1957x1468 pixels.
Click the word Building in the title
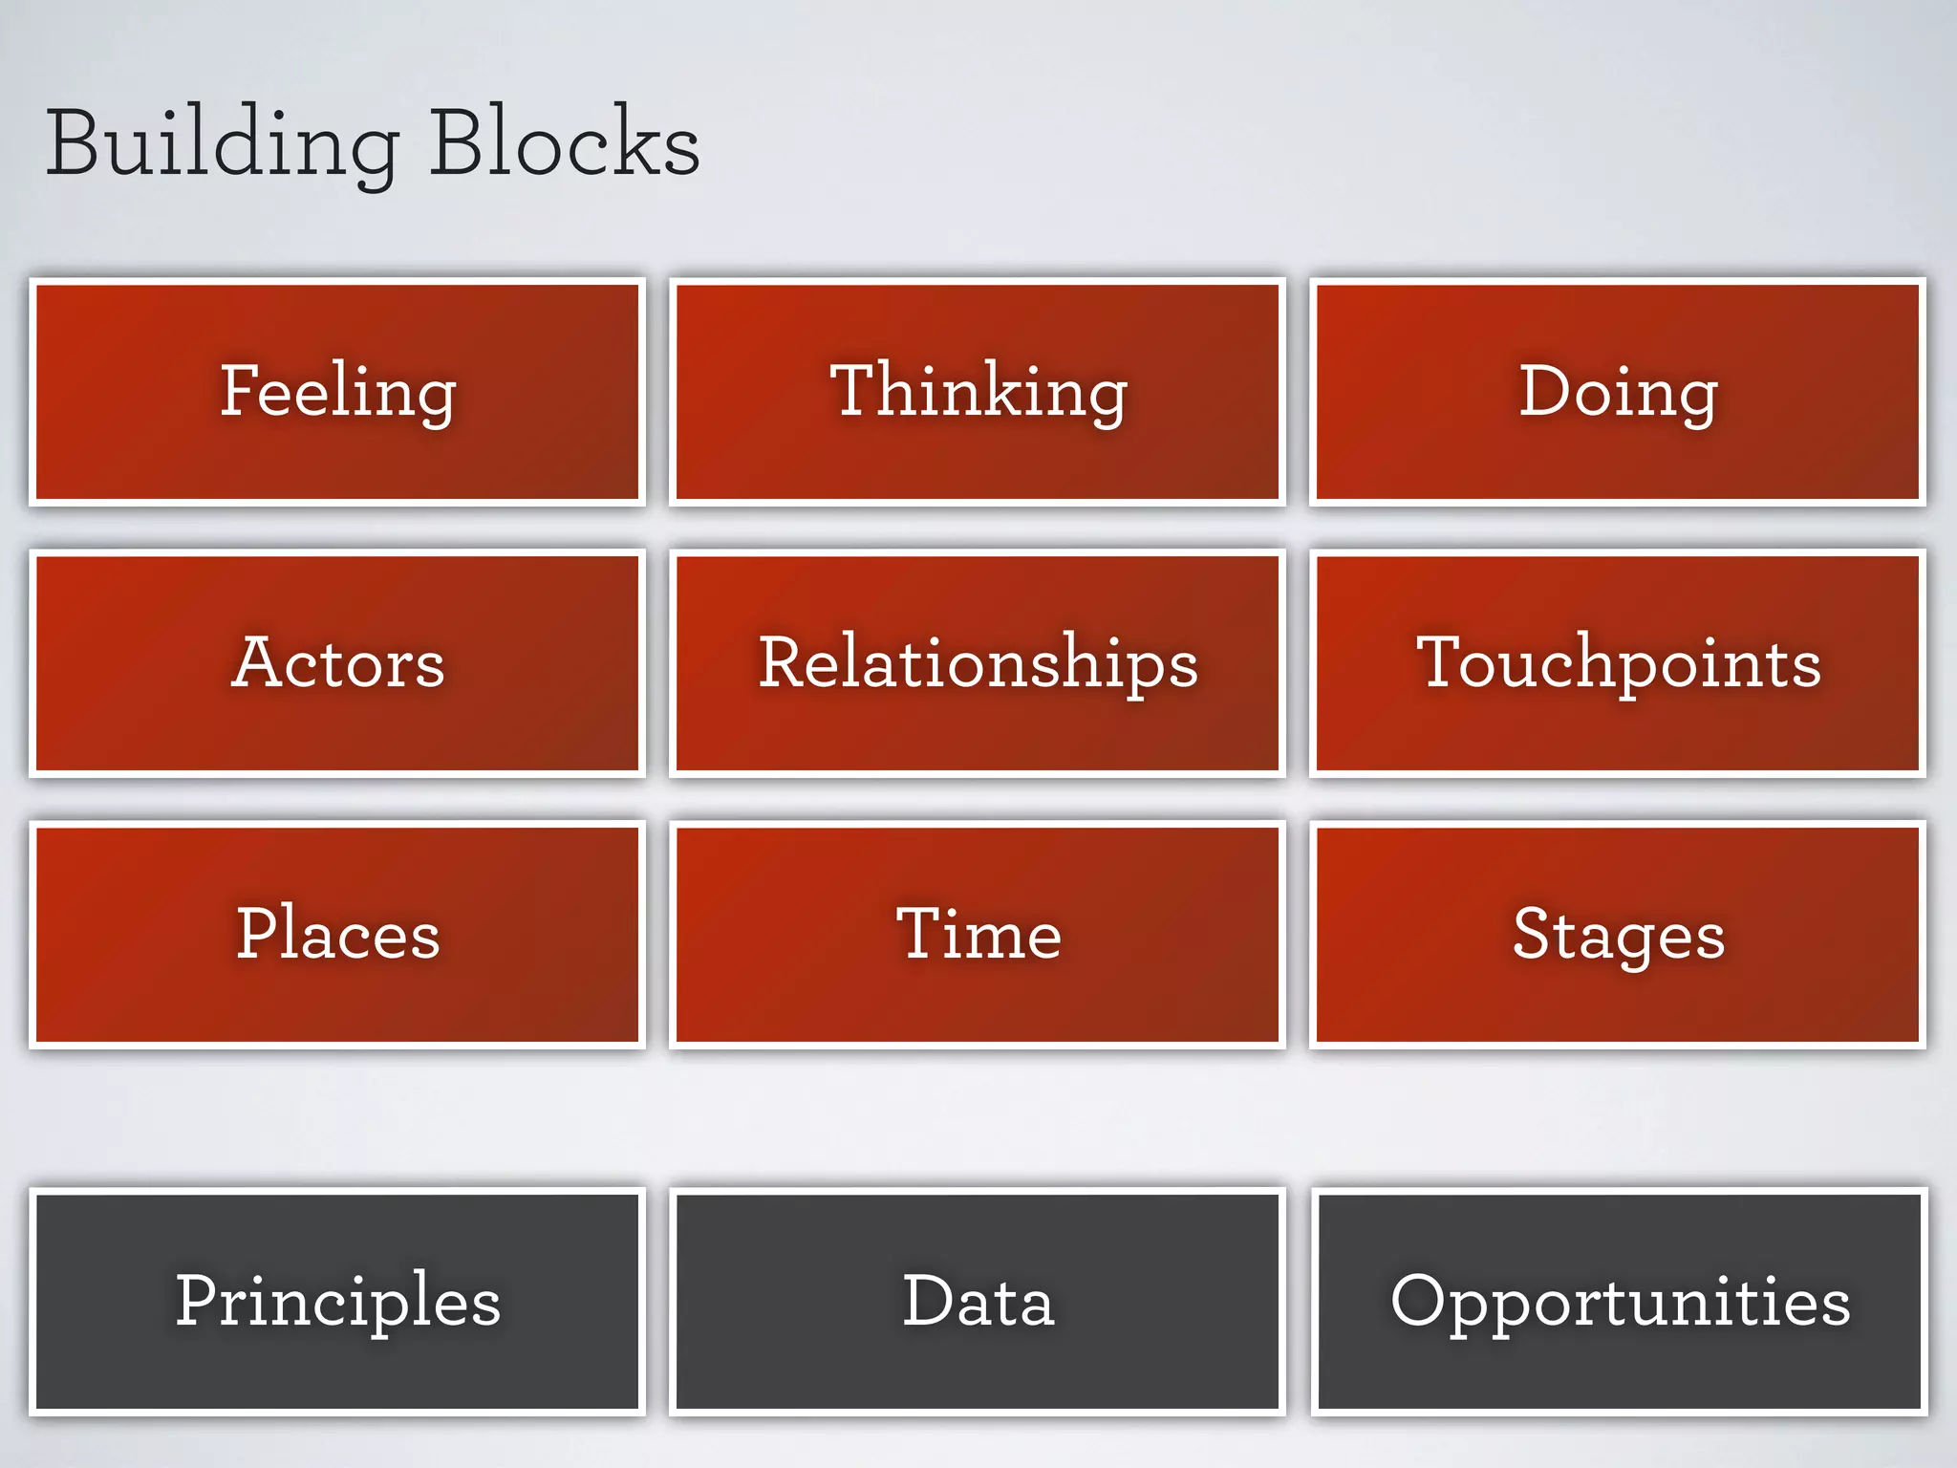[x=222, y=143]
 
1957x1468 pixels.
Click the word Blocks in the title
[x=564, y=143]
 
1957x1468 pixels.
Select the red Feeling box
[x=337, y=391]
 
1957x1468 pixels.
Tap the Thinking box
[x=978, y=391]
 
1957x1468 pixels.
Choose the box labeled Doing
[x=1618, y=391]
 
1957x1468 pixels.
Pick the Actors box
[x=337, y=662]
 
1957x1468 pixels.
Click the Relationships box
[x=978, y=662]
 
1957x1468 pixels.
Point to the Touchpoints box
[x=1618, y=662]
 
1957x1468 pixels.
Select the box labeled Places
[x=337, y=934]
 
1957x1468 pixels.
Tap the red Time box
[x=978, y=934]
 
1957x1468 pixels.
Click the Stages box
[x=1618, y=934]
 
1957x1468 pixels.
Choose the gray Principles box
[x=337, y=1301]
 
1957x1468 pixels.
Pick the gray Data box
[x=978, y=1301]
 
